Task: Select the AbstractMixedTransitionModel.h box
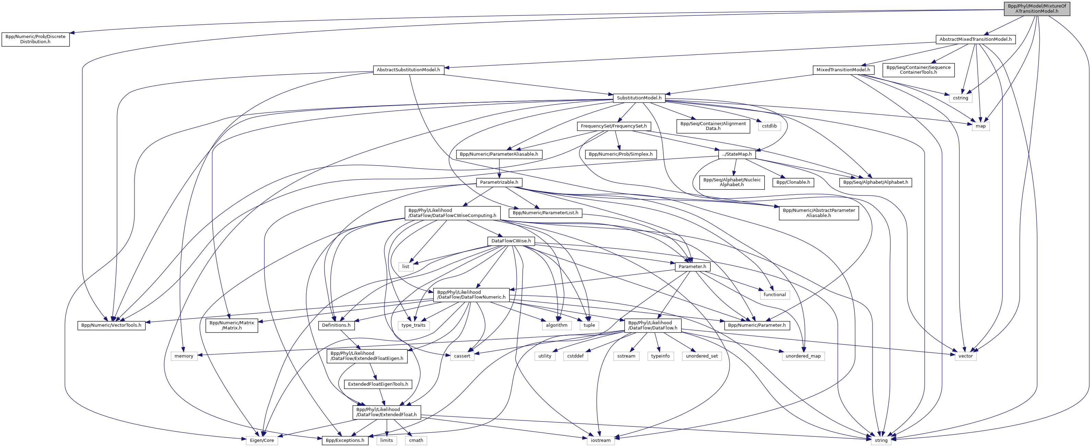[975, 39]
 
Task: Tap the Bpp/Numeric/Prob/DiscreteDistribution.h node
[36, 39]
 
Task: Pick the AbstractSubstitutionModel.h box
[408, 70]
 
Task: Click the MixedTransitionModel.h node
[843, 70]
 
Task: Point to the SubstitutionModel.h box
[639, 98]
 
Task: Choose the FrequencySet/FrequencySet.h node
[614, 126]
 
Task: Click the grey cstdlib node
[769, 126]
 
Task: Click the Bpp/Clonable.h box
[793, 182]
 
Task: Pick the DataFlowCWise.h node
[511, 241]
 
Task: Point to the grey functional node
[775, 294]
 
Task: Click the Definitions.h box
[336, 325]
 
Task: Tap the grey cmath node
[416, 440]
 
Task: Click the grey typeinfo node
[660, 356]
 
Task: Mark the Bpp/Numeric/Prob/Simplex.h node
[620, 154]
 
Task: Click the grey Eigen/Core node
[262, 440]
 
